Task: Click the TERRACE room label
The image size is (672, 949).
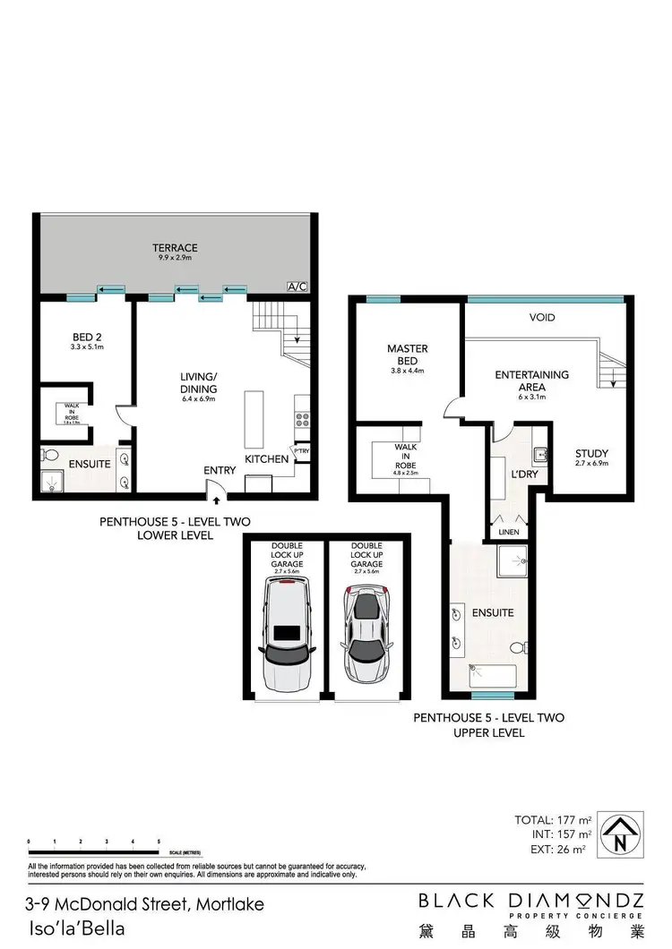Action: (175, 248)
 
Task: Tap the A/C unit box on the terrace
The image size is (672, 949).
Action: (297, 286)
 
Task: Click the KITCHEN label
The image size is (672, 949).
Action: (267, 459)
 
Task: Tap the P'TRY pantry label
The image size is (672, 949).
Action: (303, 451)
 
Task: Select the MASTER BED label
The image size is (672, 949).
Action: (407, 354)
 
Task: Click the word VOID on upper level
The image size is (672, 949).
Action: (542, 318)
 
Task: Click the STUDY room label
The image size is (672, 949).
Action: (591, 454)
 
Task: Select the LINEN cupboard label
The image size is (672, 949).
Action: (507, 532)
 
